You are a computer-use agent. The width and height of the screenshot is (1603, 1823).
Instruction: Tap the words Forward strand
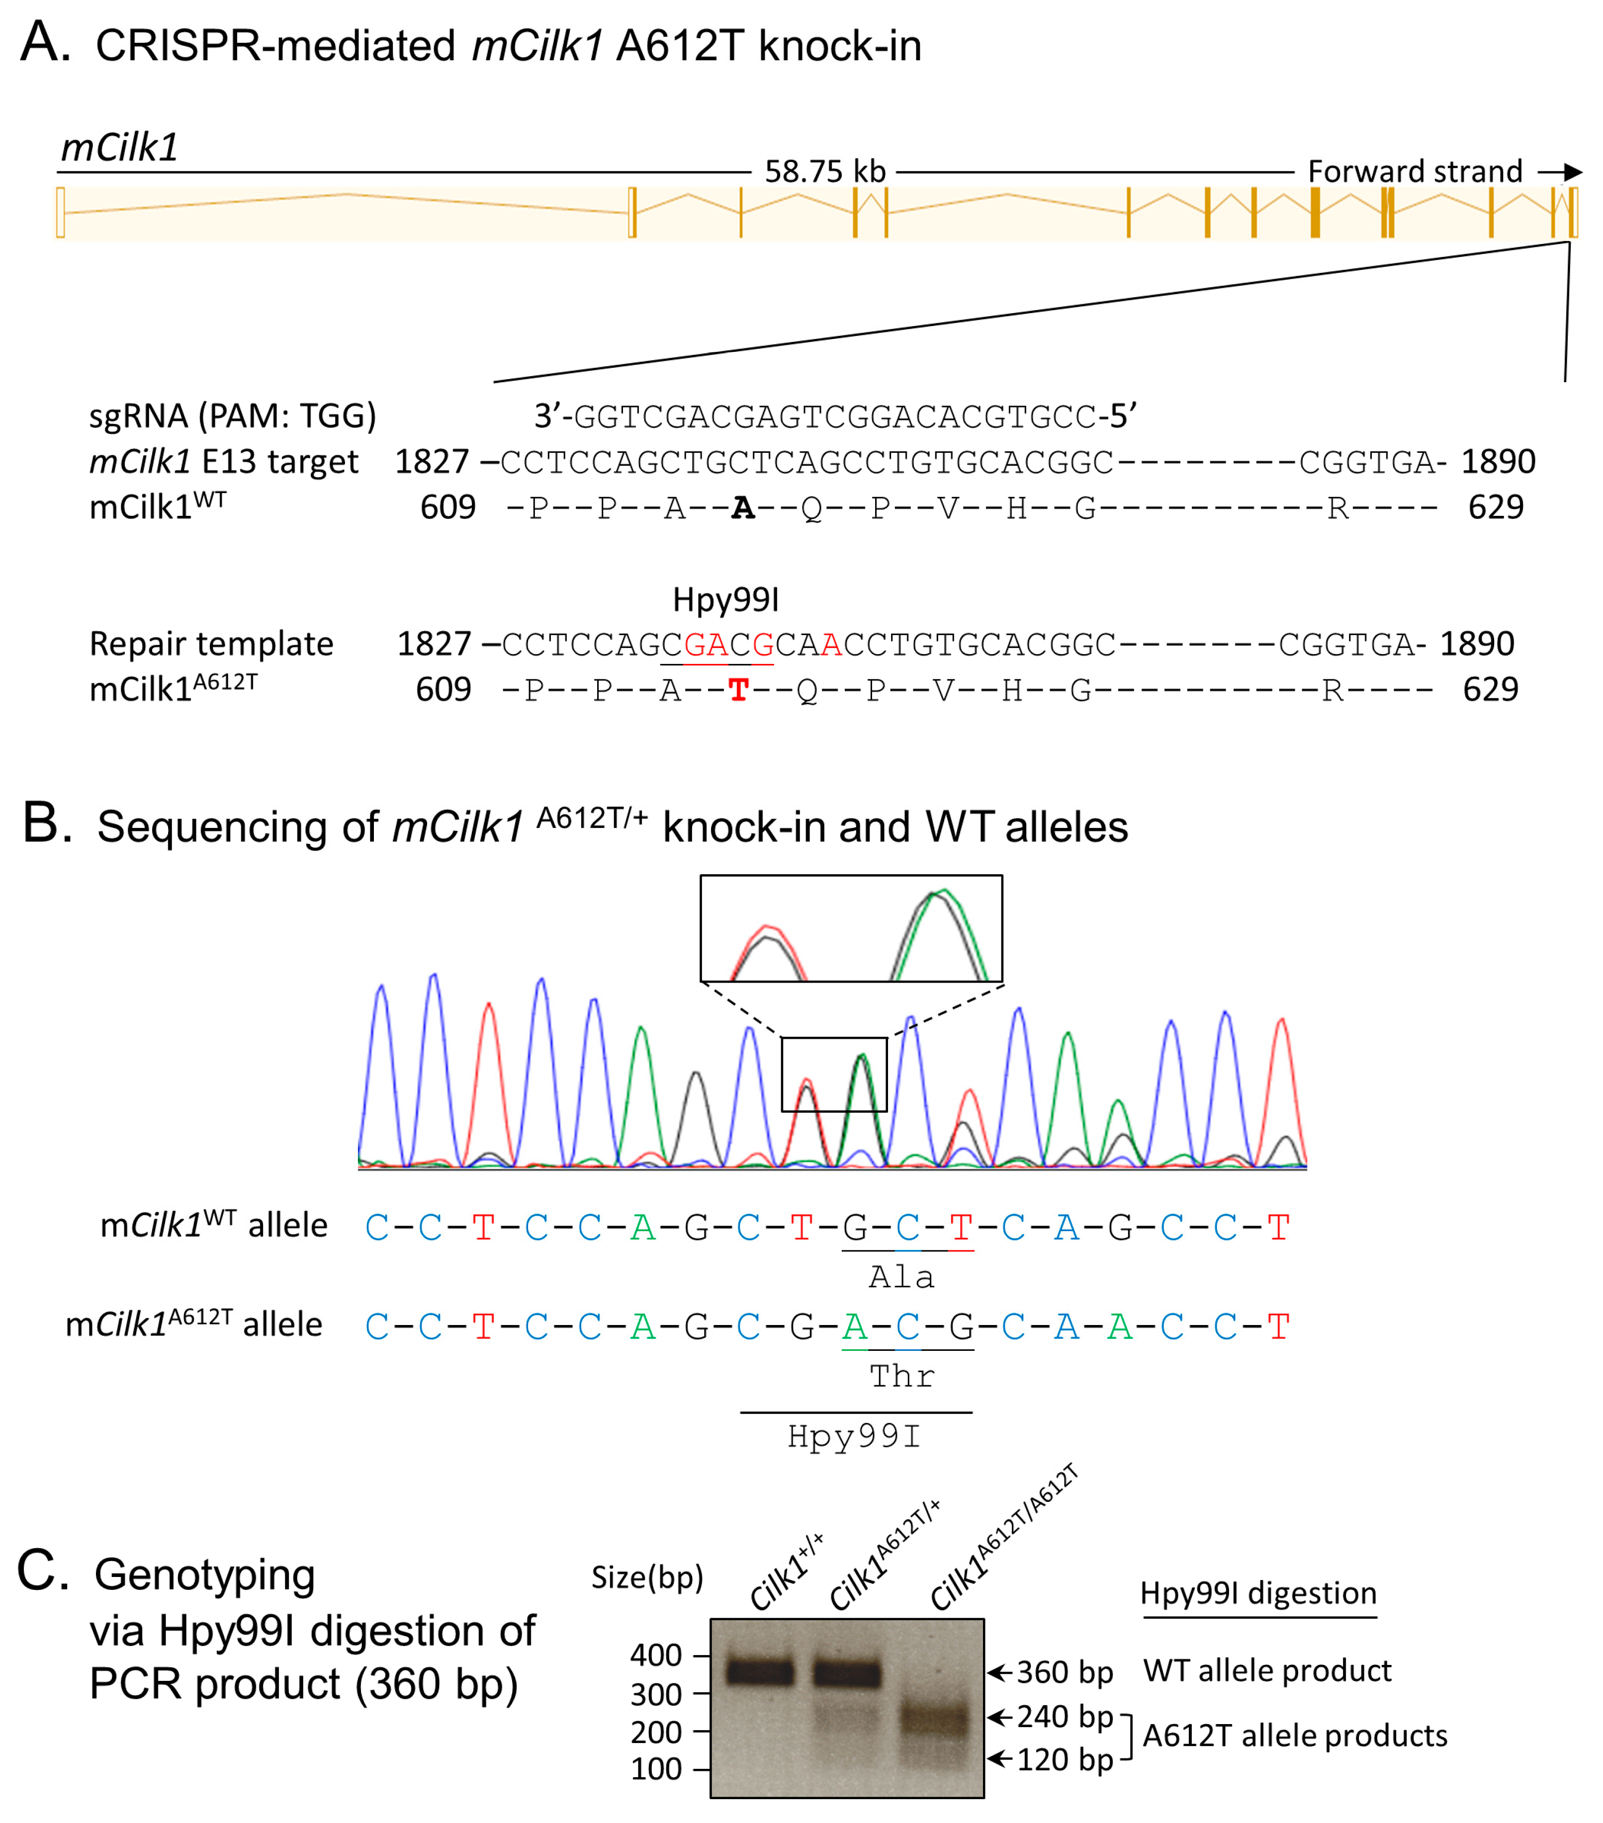pos(1414,171)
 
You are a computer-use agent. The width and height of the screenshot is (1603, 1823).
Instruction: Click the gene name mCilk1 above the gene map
pos(119,147)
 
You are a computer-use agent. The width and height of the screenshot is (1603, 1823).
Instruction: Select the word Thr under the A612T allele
pos(902,1376)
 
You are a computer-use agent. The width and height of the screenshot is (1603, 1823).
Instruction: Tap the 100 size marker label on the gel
pos(656,1769)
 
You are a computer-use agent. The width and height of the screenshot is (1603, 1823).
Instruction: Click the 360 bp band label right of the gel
pos(1064,1672)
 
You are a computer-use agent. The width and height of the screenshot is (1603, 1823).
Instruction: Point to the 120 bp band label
pos(1064,1760)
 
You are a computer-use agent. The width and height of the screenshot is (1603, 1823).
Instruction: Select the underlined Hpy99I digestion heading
pos(1258,1594)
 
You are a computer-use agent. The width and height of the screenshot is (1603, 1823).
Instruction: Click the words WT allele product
pos(1267,1670)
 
